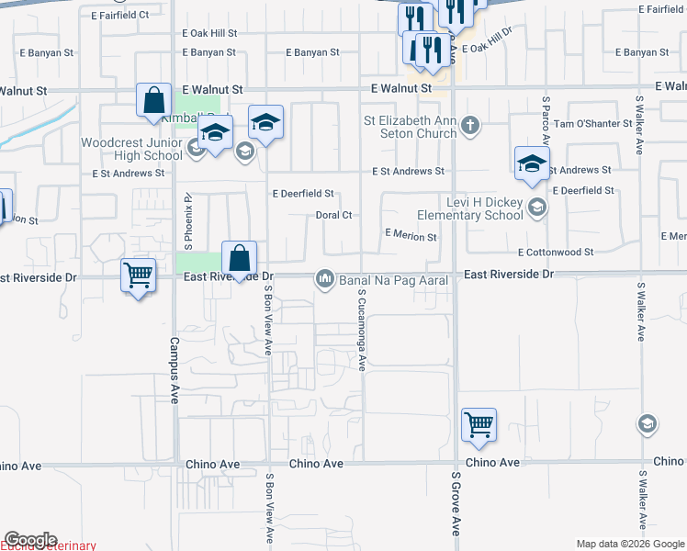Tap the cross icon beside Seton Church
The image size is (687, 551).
tap(470, 125)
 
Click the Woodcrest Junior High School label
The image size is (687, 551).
tap(131, 149)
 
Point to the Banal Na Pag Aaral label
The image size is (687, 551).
tap(393, 279)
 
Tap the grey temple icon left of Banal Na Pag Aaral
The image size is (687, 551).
tap(324, 278)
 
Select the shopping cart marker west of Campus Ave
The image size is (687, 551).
tap(138, 275)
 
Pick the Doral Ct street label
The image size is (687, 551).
tap(334, 215)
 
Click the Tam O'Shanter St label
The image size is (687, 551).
tap(589, 123)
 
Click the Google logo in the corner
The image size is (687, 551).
tap(30, 540)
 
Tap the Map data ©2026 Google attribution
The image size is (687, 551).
tap(629, 544)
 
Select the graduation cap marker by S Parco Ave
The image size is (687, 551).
tap(532, 163)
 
